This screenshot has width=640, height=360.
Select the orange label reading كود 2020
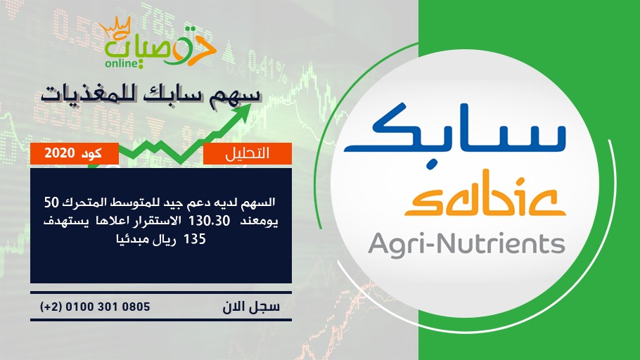[x=75, y=153]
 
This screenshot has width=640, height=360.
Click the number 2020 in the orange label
[x=60, y=153]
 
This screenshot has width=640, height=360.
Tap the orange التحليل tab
[x=248, y=153]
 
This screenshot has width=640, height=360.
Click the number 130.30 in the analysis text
[x=210, y=221]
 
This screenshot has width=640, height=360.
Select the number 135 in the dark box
[x=195, y=239]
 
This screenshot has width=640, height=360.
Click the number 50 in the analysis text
[x=52, y=202]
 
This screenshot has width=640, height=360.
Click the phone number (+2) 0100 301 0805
[x=95, y=307]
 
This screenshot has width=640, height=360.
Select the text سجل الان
[x=251, y=307]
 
